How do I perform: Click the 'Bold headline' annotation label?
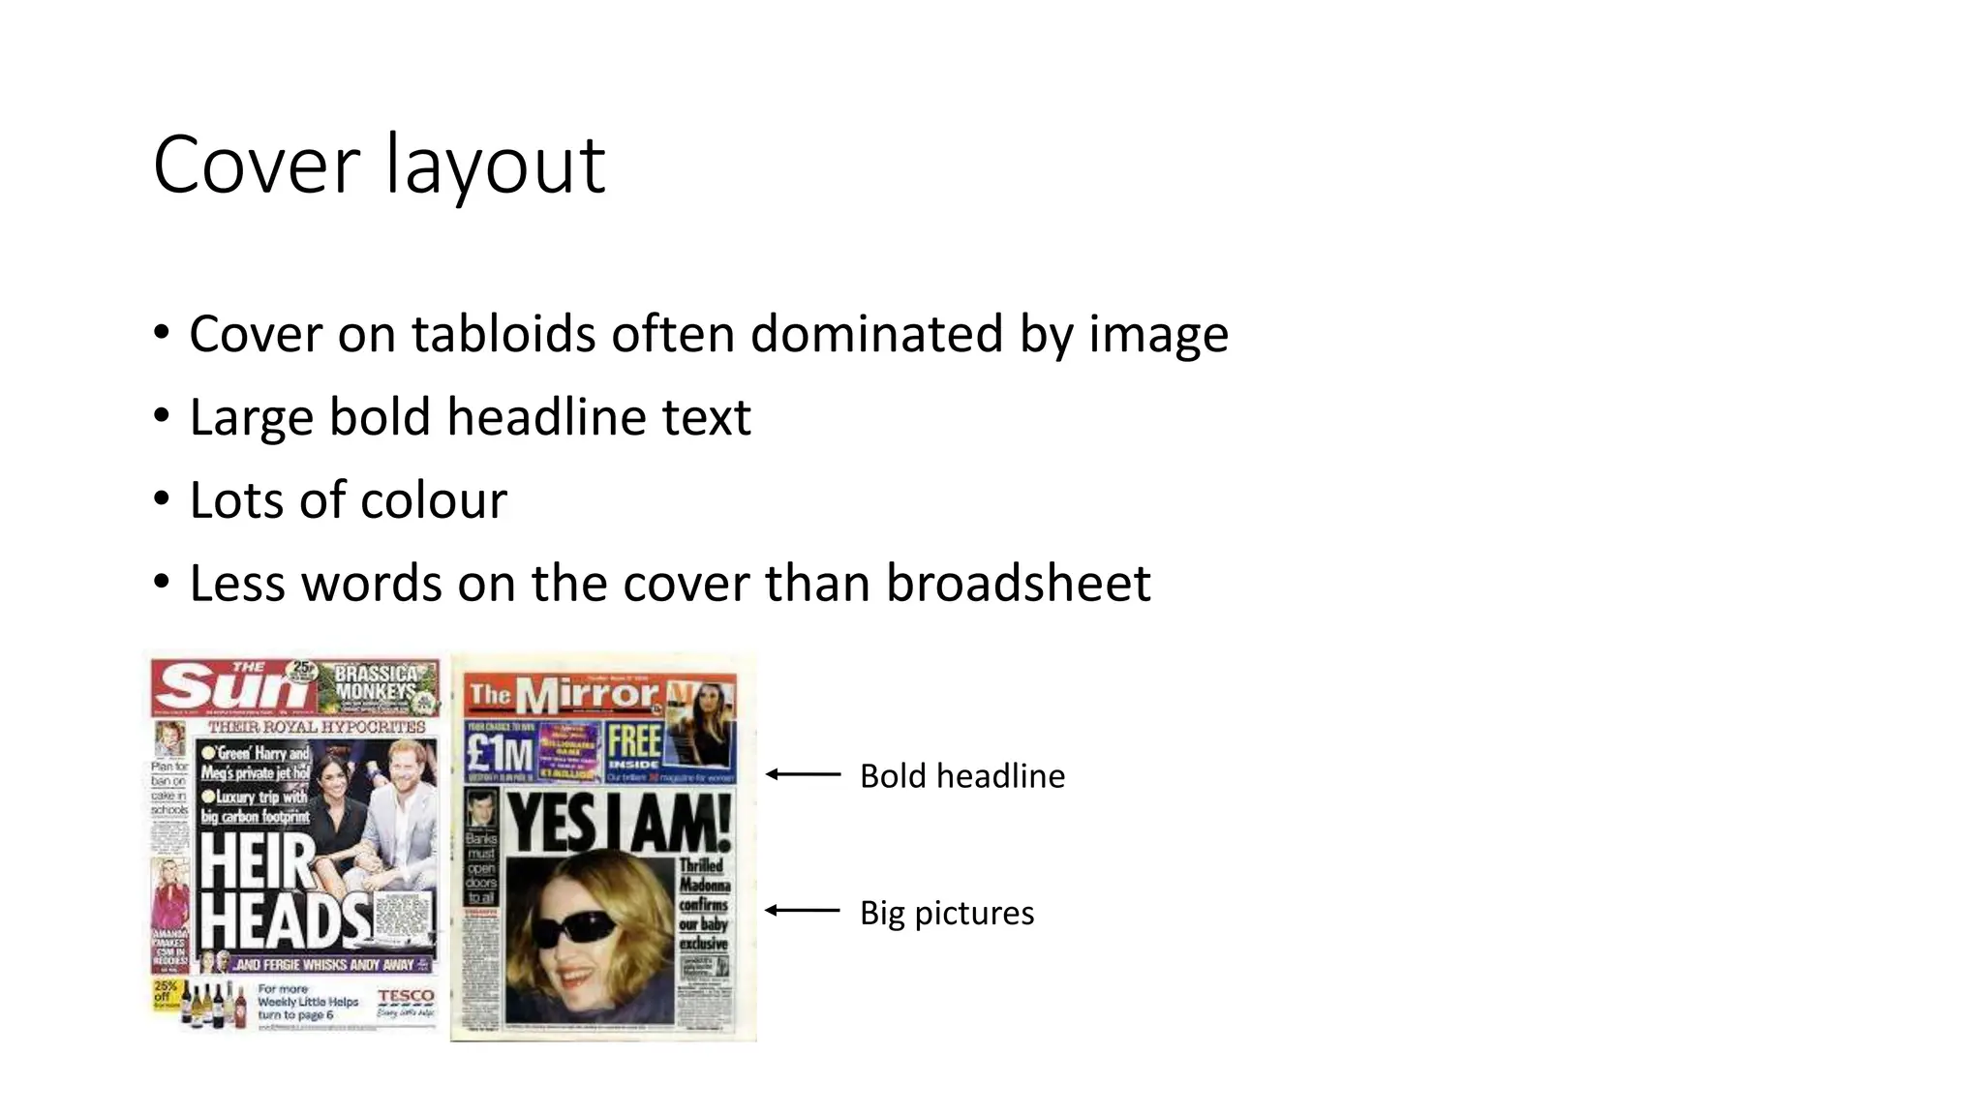tap(961, 776)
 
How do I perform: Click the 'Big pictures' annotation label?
tap(946, 913)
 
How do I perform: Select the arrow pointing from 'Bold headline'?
tap(803, 774)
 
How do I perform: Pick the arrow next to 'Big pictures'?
tap(803, 910)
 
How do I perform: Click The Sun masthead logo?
tap(232, 686)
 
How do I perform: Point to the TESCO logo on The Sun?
tap(406, 997)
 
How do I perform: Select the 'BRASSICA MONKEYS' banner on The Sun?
tap(376, 682)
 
